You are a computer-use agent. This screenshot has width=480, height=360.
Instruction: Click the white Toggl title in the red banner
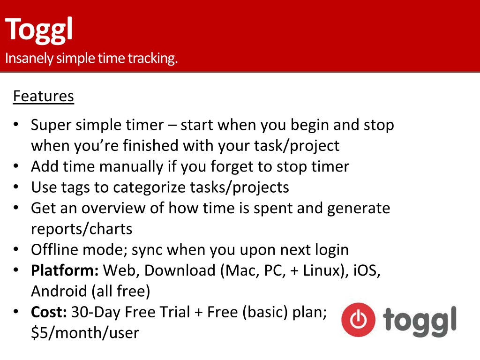38,30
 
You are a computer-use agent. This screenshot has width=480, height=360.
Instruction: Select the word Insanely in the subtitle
29,58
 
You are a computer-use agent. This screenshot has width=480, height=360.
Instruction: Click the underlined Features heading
44,96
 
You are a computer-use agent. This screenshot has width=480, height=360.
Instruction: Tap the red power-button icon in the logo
358,320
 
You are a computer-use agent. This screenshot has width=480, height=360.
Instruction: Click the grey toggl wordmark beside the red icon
420,321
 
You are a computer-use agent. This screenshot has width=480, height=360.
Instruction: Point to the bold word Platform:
65,271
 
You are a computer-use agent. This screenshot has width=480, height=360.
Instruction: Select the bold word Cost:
49,312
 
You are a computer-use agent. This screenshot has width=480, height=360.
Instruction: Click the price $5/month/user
85,333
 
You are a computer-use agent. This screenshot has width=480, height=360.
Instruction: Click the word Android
59,291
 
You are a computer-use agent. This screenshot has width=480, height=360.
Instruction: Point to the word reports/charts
82,229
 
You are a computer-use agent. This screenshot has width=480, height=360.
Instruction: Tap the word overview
113,208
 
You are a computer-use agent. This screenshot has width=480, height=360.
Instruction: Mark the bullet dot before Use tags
16,187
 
